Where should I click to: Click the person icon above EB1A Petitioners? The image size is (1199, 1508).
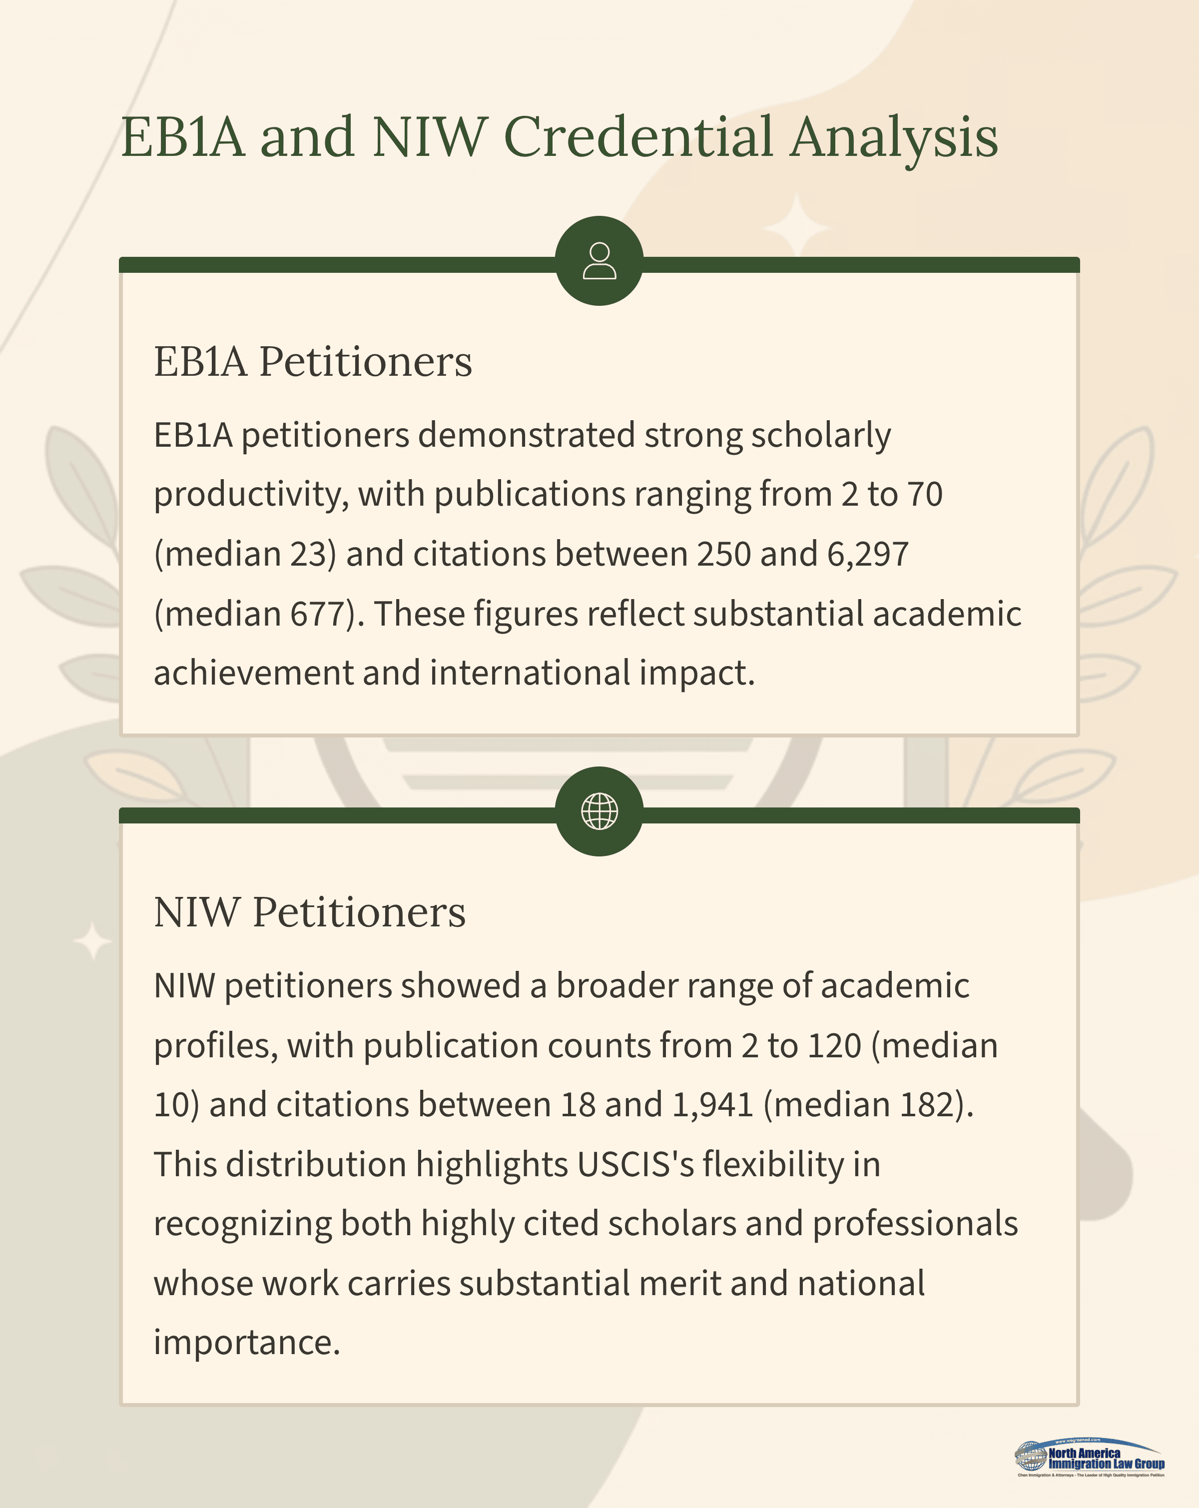point(599,261)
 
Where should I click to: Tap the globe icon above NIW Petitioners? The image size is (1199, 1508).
point(599,811)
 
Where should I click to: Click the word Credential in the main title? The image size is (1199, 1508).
point(638,136)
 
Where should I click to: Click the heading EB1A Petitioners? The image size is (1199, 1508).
point(313,362)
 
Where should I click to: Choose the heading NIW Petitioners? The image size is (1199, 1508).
point(309,913)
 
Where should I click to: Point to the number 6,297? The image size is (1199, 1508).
point(868,554)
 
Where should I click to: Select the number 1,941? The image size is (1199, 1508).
point(712,1105)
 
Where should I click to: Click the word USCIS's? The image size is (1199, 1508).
point(635,1165)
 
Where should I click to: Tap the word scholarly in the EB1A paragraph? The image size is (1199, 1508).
point(821,435)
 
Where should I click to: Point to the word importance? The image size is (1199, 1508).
point(247,1343)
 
